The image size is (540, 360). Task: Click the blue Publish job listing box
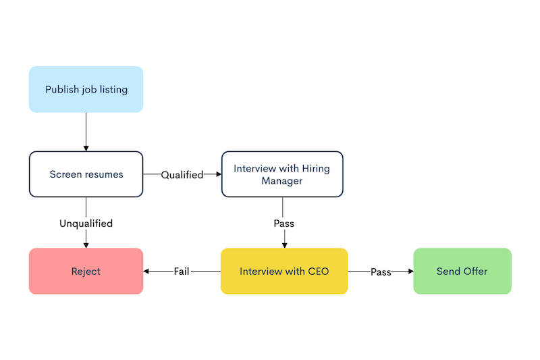(86, 89)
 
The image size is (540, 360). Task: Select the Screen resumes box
(86, 174)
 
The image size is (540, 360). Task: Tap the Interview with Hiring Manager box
(282, 174)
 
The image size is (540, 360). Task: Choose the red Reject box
(86, 271)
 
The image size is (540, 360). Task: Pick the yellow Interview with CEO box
(284, 271)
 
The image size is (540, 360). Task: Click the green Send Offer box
(462, 271)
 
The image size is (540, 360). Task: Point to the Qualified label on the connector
(182, 175)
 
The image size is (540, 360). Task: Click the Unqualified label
(86, 223)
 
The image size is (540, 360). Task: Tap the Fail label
(182, 272)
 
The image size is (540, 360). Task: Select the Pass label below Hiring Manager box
(283, 223)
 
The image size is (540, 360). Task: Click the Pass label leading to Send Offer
(381, 272)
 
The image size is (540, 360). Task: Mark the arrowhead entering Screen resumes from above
(86, 148)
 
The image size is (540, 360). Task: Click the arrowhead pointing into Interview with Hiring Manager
(218, 174)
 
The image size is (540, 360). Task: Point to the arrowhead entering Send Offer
(410, 271)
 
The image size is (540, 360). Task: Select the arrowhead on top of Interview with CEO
(284, 245)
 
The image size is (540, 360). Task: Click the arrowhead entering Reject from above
(86, 245)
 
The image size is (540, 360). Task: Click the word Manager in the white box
(282, 181)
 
